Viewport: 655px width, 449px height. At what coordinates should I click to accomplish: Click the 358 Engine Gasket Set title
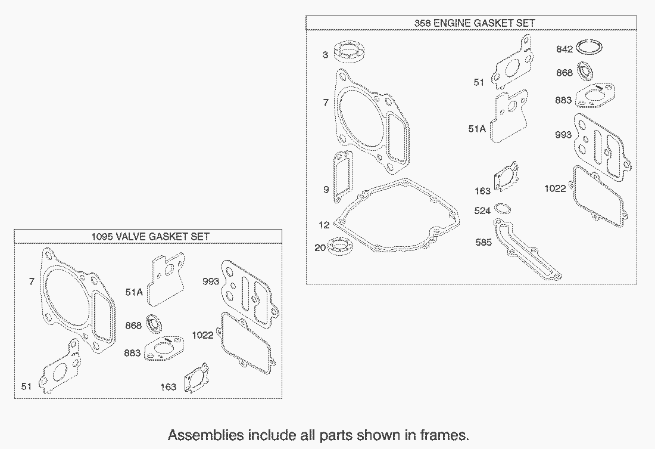coord(474,23)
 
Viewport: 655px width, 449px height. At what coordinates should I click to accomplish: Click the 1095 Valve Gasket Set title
coord(151,237)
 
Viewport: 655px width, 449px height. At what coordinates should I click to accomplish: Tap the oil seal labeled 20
coord(341,246)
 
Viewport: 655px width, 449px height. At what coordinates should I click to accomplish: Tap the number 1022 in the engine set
coord(555,188)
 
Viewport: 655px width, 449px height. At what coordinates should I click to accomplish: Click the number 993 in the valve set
coord(211,281)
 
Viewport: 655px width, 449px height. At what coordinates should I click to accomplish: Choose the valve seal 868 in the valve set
coord(154,323)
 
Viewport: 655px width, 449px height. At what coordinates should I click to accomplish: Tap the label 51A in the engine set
coord(477,129)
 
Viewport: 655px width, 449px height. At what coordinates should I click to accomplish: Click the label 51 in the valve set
coord(26,386)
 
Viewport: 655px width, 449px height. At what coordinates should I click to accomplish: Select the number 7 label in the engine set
coord(326,103)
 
